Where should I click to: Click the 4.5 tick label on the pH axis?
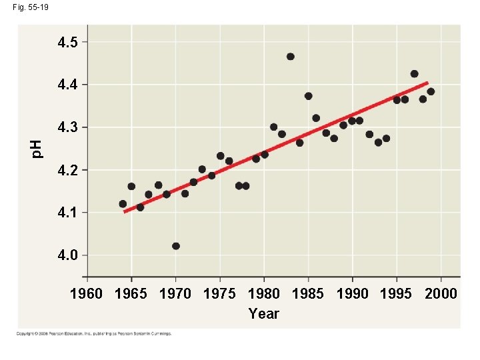click(67, 43)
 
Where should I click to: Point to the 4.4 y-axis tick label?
click(67, 85)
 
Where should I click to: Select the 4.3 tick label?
click(67, 127)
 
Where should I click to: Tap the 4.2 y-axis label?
click(67, 170)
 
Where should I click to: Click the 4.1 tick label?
click(67, 213)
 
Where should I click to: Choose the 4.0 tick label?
click(67, 255)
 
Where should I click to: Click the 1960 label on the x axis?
click(87, 294)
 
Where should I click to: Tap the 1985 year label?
click(307, 294)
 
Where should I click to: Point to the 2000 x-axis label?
click(441, 294)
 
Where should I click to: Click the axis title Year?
click(263, 313)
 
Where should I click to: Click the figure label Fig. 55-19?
click(29, 7)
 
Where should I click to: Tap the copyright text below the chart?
click(95, 333)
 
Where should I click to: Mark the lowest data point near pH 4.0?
click(176, 246)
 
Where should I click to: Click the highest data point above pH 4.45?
click(290, 57)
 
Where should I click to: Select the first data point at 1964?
click(123, 204)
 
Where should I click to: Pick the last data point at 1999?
click(431, 91)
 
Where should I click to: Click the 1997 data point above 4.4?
click(414, 74)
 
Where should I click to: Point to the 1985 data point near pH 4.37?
click(308, 96)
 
